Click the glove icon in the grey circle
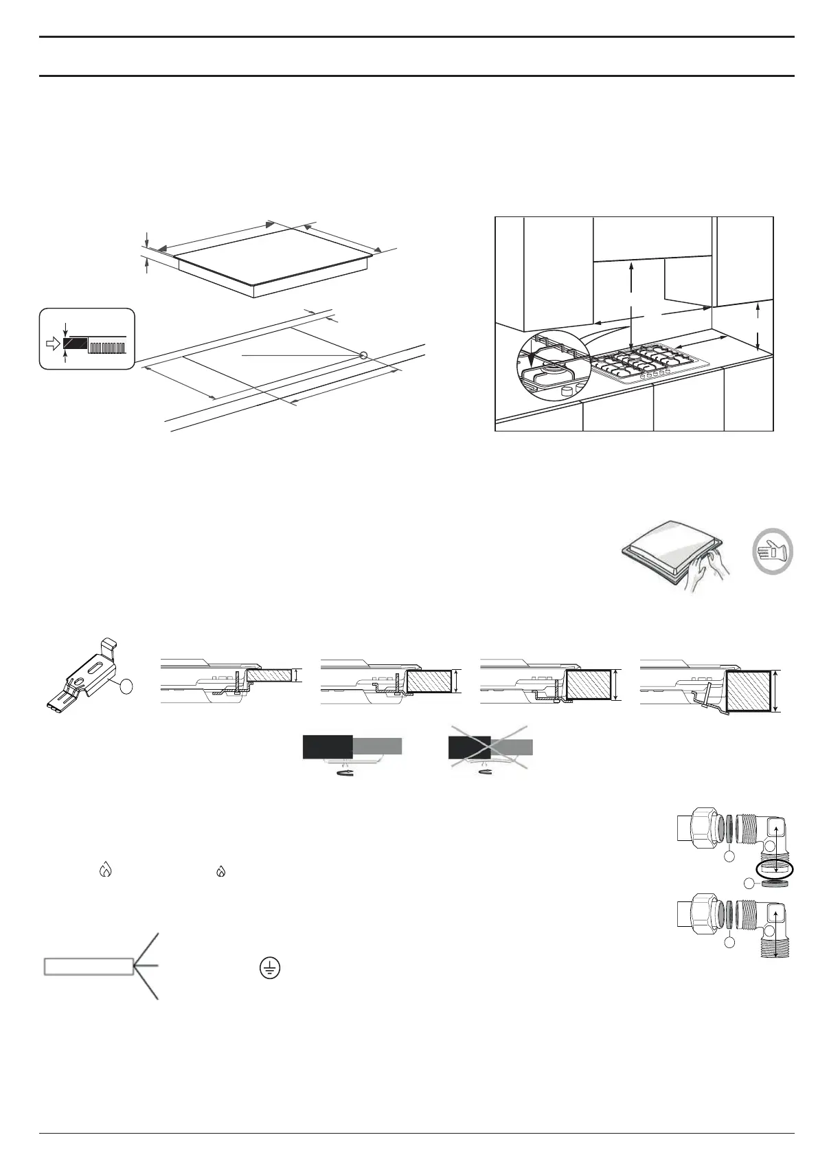pyautogui.click(x=771, y=553)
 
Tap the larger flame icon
pyautogui.click(x=105, y=870)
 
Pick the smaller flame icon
pyautogui.click(x=220, y=871)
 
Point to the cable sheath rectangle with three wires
pyautogui.click(x=89, y=967)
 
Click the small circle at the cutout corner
pyautogui.click(x=364, y=355)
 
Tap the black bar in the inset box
pyautogui.click(x=75, y=344)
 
